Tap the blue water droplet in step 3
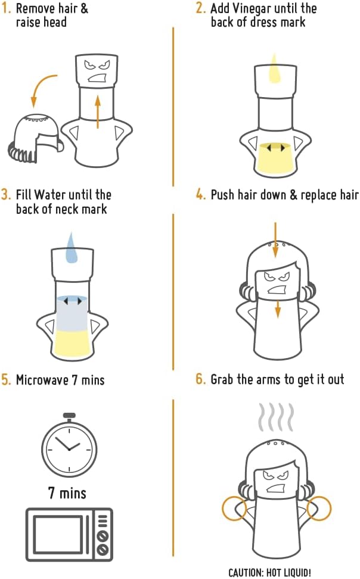72,249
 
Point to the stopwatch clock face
69,447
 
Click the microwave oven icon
69,534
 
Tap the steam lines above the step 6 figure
277,417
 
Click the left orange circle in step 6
234,509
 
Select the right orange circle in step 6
319,509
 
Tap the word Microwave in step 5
42,380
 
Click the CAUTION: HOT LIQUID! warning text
269,572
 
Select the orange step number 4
200,195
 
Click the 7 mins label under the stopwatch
67,493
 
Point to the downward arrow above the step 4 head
275,240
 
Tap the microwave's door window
58,534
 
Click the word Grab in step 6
222,379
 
